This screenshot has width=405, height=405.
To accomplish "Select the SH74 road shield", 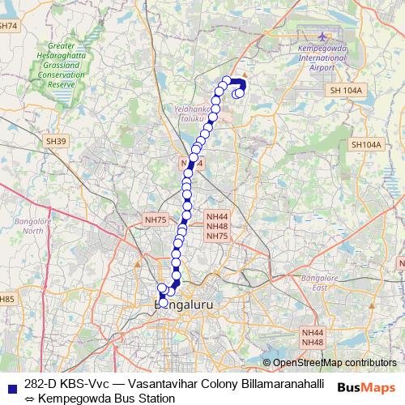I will tap(8, 27).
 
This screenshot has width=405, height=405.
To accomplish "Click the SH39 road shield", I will tap(56, 141).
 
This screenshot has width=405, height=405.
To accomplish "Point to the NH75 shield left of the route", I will tap(155, 220).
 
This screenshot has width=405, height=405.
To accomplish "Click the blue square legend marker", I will tap(10, 384).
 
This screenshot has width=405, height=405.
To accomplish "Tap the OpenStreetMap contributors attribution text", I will tap(335, 362).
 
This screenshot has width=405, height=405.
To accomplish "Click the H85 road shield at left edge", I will tap(7, 300).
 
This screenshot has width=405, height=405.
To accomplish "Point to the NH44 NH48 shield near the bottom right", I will tap(313, 338).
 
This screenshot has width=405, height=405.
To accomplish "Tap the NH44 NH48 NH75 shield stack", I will tap(217, 226).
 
